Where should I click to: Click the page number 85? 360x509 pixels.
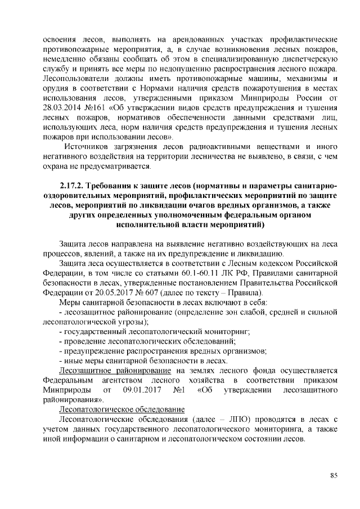pos(334,475)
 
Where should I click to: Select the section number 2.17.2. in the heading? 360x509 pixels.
pos(76,186)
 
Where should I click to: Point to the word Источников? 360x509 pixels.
pos(85,146)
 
